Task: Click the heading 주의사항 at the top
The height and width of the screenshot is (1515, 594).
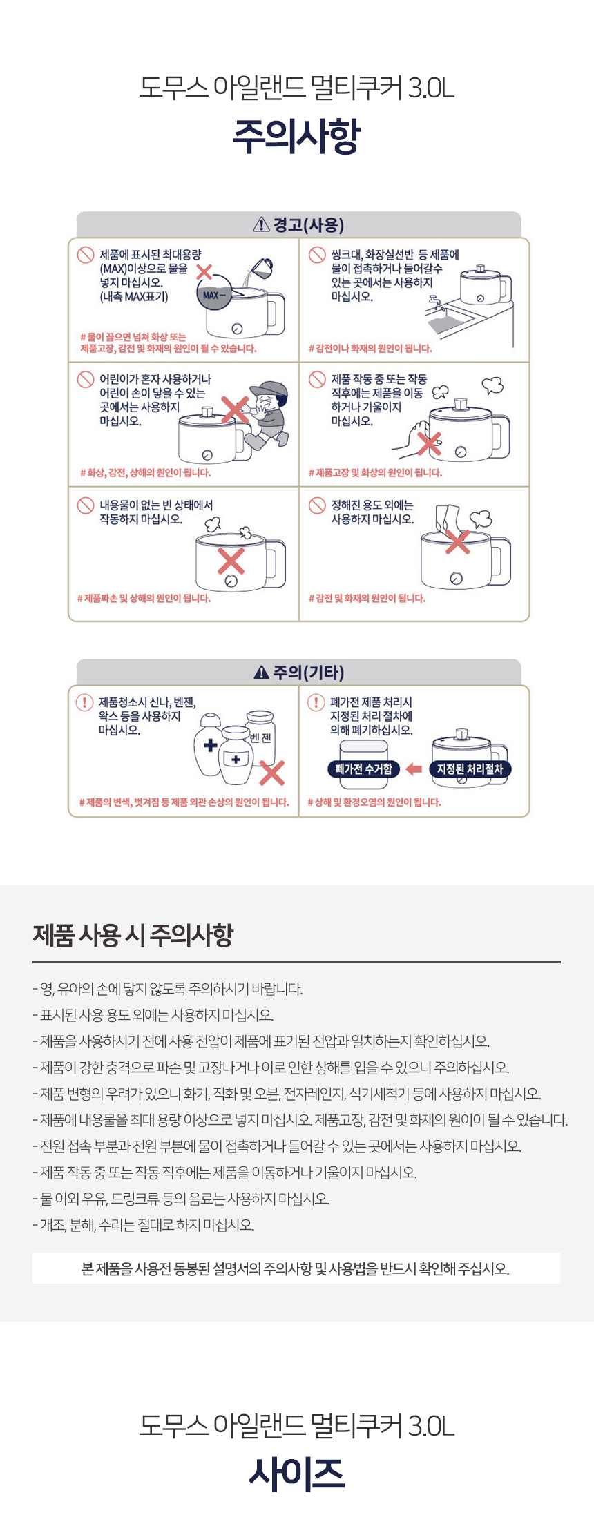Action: click(x=297, y=136)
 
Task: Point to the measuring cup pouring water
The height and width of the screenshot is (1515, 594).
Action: click(x=260, y=268)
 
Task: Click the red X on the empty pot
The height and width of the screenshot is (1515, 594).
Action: click(x=231, y=561)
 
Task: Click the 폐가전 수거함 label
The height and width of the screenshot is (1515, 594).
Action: click(x=363, y=769)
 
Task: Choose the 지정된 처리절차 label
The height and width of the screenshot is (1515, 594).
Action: click(x=470, y=769)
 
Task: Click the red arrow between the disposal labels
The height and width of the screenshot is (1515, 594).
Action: click(x=414, y=769)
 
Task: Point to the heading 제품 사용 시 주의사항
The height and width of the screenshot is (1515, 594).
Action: click(x=133, y=935)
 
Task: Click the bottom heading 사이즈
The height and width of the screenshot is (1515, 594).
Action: click(x=297, y=1473)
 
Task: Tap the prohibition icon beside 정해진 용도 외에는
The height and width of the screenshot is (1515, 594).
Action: click(x=317, y=505)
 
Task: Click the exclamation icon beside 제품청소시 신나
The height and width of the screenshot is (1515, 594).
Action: click(x=84, y=702)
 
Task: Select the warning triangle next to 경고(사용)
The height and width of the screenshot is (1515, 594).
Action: click(x=262, y=224)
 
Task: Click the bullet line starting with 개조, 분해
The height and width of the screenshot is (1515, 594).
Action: click(x=144, y=1225)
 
